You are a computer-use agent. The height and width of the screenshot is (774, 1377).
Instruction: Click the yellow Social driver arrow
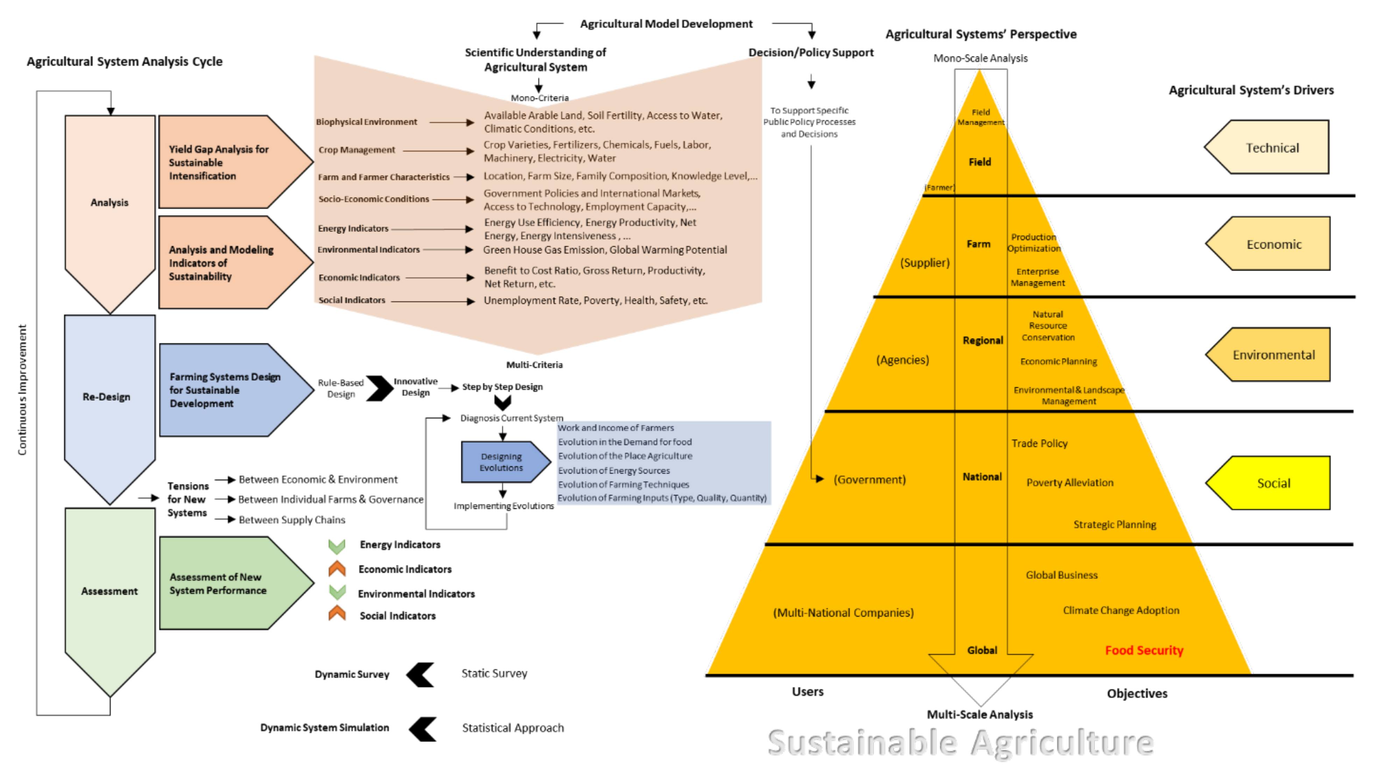(x=1272, y=483)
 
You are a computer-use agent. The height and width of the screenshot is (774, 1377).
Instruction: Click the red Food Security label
(x=1144, y=650)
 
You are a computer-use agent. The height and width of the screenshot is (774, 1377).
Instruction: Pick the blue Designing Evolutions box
(x=501, y=462)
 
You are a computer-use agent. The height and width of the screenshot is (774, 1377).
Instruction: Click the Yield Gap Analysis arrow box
(x=225, y=162)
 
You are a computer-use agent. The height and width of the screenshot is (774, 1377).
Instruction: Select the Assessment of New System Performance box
(x=225, y=583)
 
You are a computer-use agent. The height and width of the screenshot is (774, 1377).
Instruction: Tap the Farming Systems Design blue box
(x=225, y=390)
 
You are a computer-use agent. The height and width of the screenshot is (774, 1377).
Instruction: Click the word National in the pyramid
(x=982, y=476)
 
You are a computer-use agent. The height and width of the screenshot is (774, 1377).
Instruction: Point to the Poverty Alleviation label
(x=1069, y=482)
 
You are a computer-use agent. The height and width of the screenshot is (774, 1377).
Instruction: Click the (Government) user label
(x=869, y=479)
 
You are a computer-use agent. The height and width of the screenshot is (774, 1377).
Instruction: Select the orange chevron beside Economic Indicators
(x=337, y=569)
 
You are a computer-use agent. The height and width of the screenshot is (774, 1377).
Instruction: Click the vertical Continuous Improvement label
(x=22, y=390)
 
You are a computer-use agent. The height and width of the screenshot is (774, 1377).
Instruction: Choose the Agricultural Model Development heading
(x=666, y=23)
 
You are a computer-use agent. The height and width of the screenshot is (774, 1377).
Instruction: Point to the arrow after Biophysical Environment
(x=451, y=122)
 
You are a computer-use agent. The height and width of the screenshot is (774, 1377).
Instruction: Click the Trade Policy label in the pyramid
(x=1039, y=443)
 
